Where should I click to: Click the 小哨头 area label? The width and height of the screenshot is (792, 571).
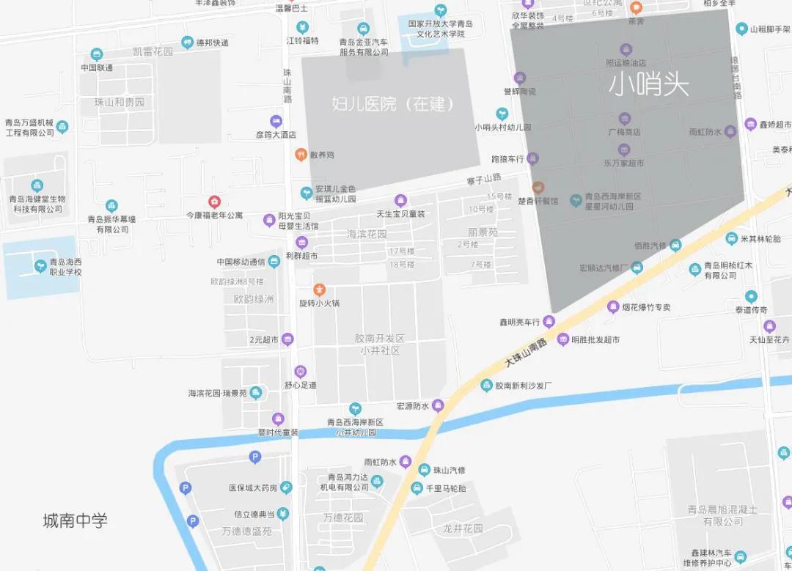(x=648, y=85)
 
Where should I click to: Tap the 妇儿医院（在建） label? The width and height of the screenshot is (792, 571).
(x=393, y=103)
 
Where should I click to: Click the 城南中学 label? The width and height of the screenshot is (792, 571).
(x=75, y=520)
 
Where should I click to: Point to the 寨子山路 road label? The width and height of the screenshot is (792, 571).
(x=483, y=178)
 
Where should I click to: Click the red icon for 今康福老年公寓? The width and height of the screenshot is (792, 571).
(x=214, y=201)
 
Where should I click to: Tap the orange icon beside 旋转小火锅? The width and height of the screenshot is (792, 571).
(x=319, y=290)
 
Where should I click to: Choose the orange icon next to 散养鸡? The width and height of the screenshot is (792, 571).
(x=301, y=155)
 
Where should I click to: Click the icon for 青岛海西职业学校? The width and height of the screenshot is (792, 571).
(x=40, y=265)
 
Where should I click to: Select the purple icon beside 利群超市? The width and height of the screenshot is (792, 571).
(x=301, y=243)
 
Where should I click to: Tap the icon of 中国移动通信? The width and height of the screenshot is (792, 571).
(x=274, y=262)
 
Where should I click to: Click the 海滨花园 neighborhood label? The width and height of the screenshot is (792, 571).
(x=367, y=234)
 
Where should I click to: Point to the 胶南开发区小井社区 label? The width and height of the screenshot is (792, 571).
(x=379, y=344)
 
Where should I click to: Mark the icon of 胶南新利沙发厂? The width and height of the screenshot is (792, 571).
(x=486, y=385)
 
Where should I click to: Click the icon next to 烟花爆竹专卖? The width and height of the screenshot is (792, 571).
(x=613, y=307)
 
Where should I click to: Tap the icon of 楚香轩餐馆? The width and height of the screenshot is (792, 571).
(x=538, y=188)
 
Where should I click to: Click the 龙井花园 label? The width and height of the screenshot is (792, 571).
(x=463, y=528)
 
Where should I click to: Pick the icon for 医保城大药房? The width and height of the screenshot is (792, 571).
(x=286, y=487)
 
